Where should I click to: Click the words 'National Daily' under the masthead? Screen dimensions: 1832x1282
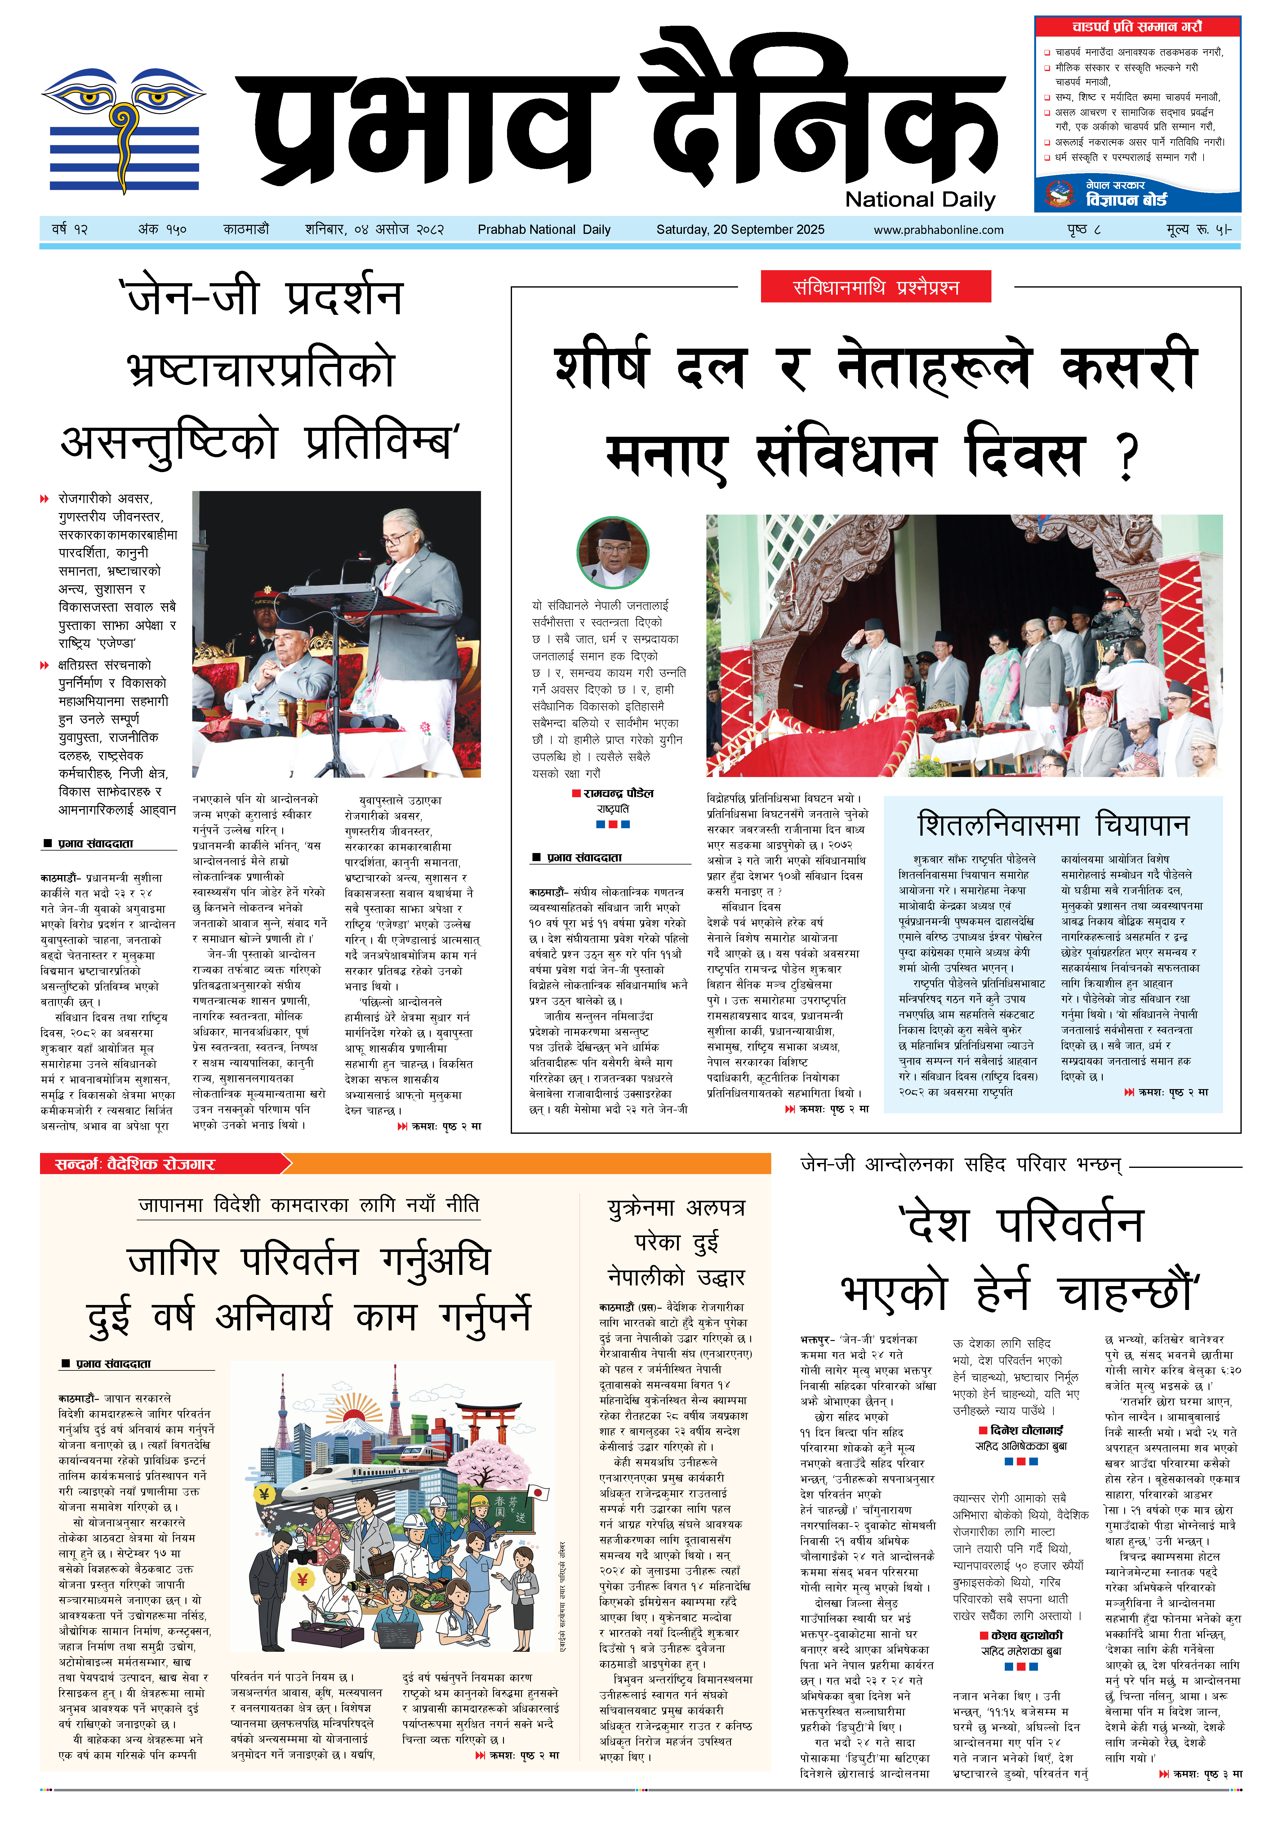coord(920,199)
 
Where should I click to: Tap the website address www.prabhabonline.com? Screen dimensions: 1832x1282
coord(938,230)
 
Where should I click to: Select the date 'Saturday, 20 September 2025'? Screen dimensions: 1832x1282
coord(740,230)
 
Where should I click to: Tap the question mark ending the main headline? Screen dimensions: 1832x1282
coord(1126,457)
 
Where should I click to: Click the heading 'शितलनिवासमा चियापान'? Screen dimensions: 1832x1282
coord(1053,824)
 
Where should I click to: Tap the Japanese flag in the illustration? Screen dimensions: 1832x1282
coord(538,1493)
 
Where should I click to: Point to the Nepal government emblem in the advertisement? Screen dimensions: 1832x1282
coord(1060,193)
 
